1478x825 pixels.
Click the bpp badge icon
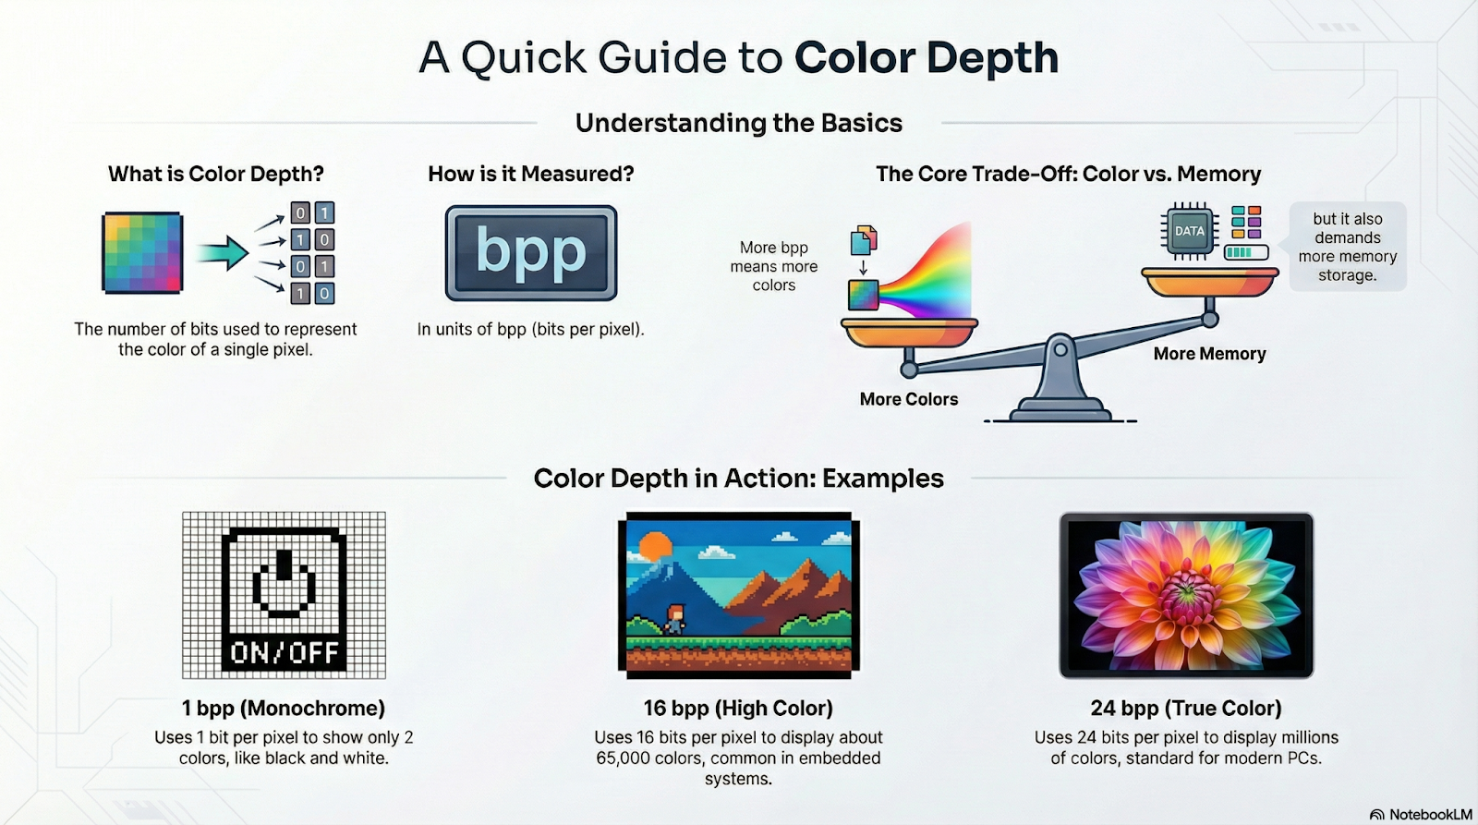pyautogui.click(x=531, y=253)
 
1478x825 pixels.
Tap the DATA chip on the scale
pyautogui.click(x=1189, y=231)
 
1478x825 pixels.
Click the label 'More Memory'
pyautogui.click(x=1209, y=354)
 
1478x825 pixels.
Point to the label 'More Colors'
pyautogui.click(x=909, y=399)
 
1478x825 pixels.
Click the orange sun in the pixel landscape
pyautogui.click(x=655, y=548)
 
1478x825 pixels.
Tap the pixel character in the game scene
pyautogui.click(x=675, y=619)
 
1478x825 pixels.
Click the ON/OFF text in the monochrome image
pyautogui.click(x=285, y=653)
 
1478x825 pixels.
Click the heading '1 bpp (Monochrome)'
pyautogui.click(x=284, y=709)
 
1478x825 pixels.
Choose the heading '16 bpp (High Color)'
pyautogui.click(x=738, y=709)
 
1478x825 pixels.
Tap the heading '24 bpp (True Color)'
pyautogui.click(x=1186, y=709)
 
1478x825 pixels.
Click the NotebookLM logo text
pyautogui.click(x=1431, y=815)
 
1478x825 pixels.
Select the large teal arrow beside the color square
pyautogui.click(x=223, y=253)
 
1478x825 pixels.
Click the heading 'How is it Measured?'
pyautogui.click(x=531, y=174)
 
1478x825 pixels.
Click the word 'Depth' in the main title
pyautogui.click(x=992, y=59)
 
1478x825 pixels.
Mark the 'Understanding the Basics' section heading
pyautogui.click(x=739, y=124)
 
